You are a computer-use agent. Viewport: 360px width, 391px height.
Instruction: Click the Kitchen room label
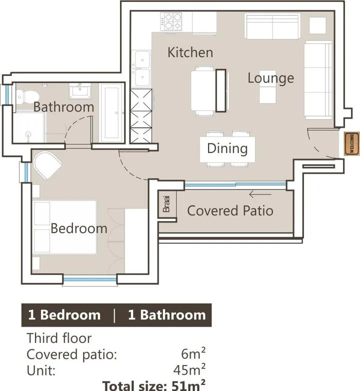click(x=190, y=52)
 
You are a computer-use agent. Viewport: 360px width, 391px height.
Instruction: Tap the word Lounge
click(x=270, y=78)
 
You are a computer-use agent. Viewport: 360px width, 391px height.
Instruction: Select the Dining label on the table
click(x=227, y=148)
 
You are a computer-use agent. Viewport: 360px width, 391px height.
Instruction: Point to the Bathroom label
click(x=64, y=106)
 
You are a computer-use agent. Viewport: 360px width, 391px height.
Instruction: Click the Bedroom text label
click(x=79, y=228)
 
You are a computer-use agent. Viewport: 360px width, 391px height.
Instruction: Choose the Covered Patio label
click(x=230, y=210)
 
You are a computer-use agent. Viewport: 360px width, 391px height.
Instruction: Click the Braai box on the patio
click(x=167, y=204)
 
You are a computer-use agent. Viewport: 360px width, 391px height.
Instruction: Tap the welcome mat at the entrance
click(x=352, y=143)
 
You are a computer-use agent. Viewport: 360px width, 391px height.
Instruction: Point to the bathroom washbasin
click(x=80, y=91)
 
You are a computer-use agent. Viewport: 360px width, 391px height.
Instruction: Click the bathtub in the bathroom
click(x=111, y=113)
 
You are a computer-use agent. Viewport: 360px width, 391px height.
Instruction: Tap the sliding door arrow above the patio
click(x=260, y=194)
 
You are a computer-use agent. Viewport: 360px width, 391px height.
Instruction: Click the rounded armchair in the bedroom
click(x=47, y=165)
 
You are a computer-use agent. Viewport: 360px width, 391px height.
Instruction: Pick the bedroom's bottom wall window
click(x=90, y=279)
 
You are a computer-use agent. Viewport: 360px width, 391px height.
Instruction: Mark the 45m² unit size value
click(x=189, y=370)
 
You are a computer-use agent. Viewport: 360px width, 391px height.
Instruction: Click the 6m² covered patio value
click(x=193, y=353)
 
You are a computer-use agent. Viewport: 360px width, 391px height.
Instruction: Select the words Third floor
click(x=59, y=338)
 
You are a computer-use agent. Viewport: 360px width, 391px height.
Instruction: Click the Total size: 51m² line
click(x=154, y=385)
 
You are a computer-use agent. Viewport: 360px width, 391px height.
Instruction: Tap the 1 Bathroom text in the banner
click(x=167, y=315)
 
